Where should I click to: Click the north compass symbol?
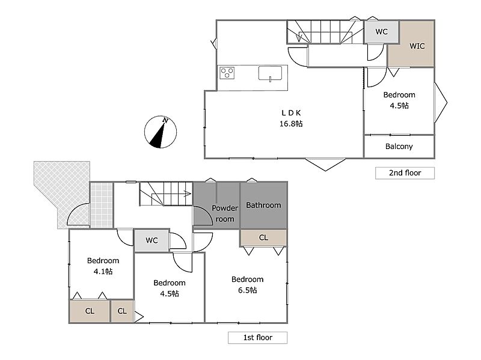coord(161,132)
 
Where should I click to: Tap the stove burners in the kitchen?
coord(227,73)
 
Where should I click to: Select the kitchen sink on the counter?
coord(270,73)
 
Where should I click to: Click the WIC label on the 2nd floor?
coord(417,46)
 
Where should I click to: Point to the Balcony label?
coord(399,147)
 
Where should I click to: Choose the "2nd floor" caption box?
coord(405,173)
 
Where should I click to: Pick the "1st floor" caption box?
coord(258,338)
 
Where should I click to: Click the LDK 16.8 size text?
coord(291,124)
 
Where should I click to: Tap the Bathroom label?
coord(263,205)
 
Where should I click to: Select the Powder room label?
coord(225,213)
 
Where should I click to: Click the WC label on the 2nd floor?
coord(381,32)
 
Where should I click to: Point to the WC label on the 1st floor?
coord(152,240)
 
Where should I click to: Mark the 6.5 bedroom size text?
coord(248,290)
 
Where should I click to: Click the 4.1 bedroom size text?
coord(103,272)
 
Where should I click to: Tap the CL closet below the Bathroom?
coord(263,237)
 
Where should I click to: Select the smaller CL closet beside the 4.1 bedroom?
coord(122,311)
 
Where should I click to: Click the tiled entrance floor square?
coord(102,205)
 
